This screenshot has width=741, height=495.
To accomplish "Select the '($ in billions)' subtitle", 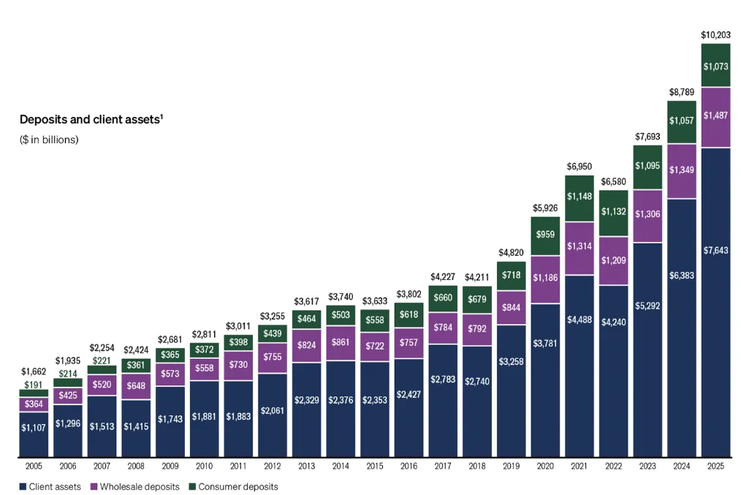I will [49, 140].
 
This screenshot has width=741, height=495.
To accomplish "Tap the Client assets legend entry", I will [49, 486].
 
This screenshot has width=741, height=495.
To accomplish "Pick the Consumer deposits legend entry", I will [233, 486].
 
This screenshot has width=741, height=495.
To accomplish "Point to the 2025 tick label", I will [715, 466].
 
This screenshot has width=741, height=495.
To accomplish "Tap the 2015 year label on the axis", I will [374, 466].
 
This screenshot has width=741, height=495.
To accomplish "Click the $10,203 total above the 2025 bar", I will [715, 34].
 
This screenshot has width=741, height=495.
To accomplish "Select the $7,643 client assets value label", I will [715, 250].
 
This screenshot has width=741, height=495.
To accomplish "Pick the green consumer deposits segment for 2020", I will [545, 235].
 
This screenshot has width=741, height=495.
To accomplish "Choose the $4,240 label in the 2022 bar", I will [613, 319].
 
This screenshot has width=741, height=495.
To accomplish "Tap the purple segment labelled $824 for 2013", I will [306, 344].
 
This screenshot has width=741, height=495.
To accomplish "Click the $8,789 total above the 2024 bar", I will [681, 92].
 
